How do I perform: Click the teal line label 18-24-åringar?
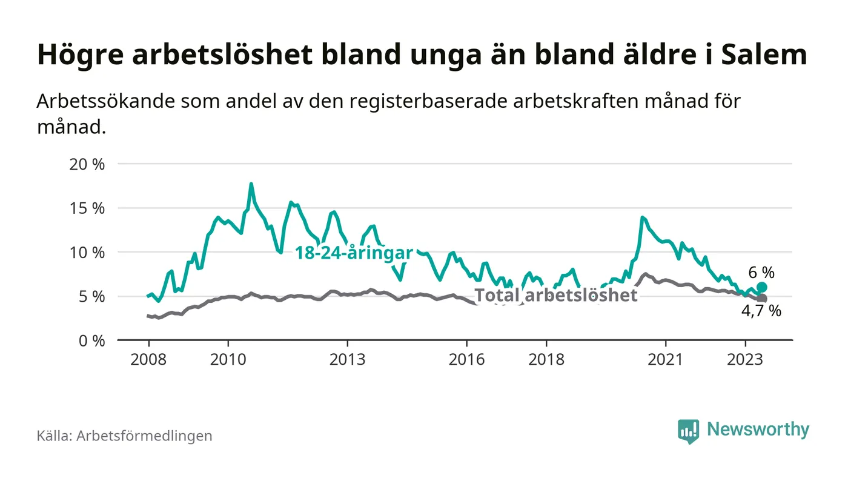click(x=354, y=253)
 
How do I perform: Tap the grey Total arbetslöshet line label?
click(x=555, y=295)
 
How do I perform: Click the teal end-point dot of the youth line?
click(x=762, y=287)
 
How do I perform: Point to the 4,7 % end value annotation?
click(x=761, y=312)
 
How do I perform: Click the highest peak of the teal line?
click(x=251, y=184)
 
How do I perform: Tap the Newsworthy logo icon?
click(x=688, y=431)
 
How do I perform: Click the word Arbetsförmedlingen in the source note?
click(x=144, y=436)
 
